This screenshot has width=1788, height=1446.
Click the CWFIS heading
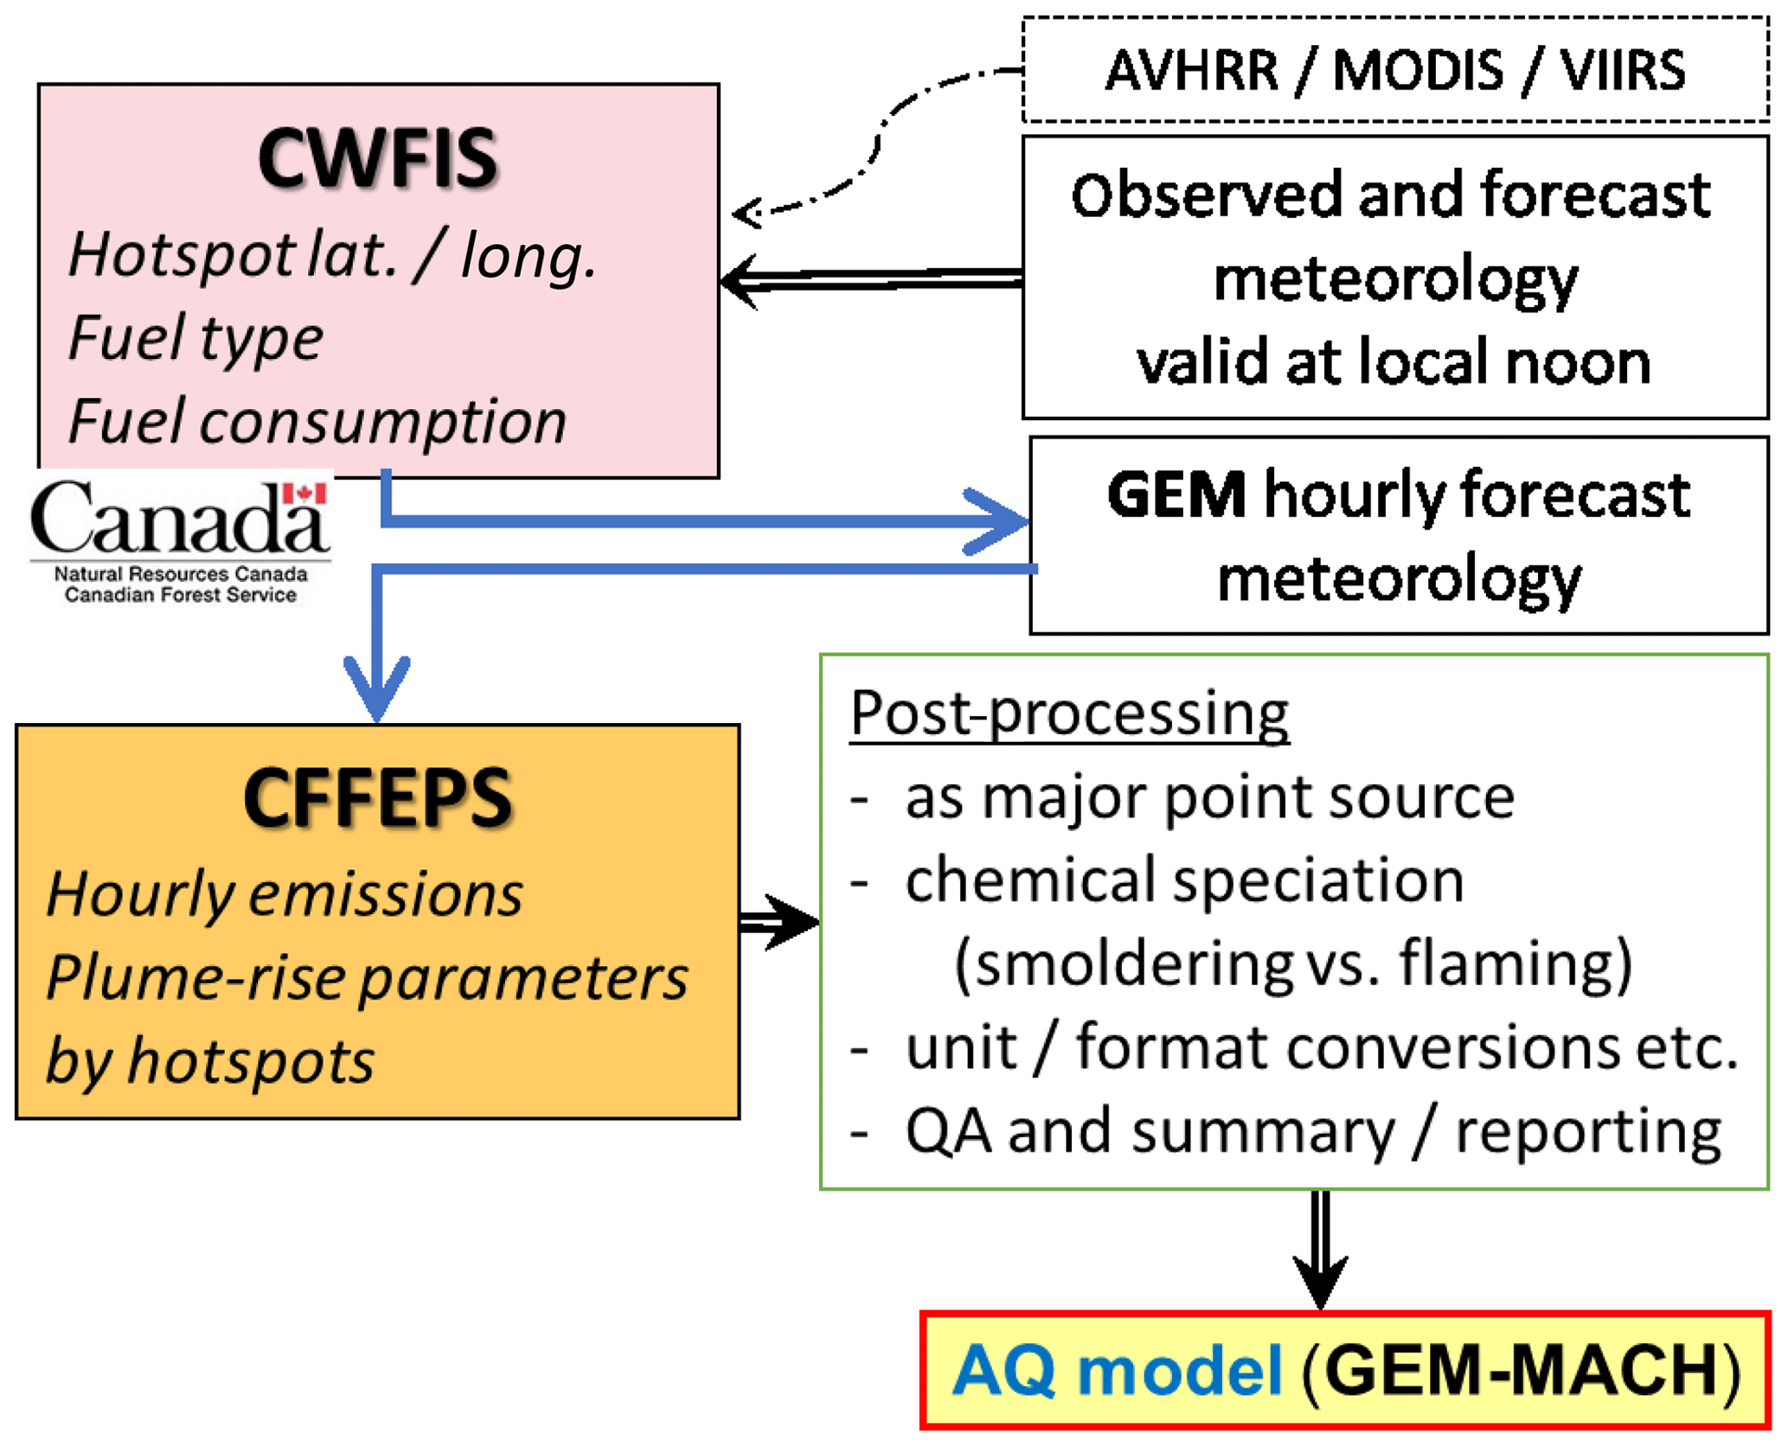(378, 159)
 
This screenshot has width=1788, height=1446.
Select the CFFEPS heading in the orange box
(378, 797)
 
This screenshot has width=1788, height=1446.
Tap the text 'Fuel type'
(195, 337)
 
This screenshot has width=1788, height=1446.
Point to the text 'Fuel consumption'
(317, 421)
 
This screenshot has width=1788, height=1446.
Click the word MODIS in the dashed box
(1419, 70)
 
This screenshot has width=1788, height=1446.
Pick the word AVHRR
(1191, 70)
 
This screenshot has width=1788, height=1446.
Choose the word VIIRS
(1623, 70)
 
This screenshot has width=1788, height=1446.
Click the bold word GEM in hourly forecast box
(1176, 496)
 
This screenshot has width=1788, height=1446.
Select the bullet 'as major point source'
(1209, 797)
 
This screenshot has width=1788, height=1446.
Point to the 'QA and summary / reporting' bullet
(1313, 1130)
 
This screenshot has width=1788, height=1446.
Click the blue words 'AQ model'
(1116, 1370)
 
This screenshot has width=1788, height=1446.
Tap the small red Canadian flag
(304, 494)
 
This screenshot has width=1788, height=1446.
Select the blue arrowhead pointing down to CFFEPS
(377, 688)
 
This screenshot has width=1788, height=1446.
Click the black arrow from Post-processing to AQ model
(1320, 1254)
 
